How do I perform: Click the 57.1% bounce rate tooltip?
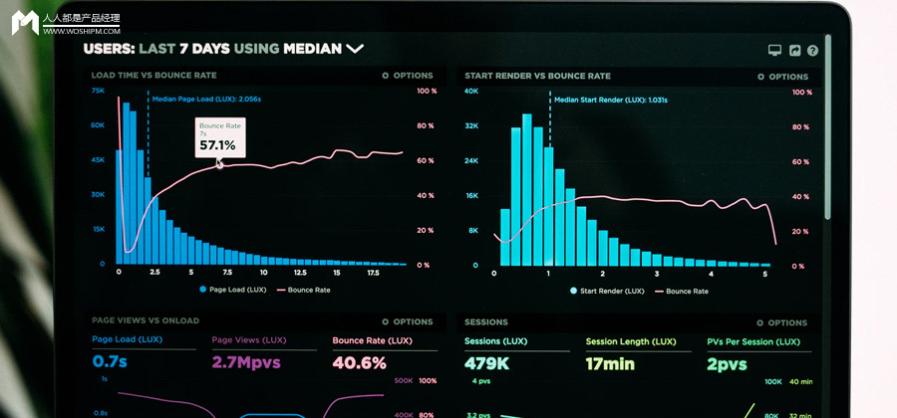(x=218, y=138)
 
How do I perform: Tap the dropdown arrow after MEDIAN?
(x=355, y=48)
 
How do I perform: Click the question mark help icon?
(x=812, y=50)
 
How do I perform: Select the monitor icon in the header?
(x=774, y=50)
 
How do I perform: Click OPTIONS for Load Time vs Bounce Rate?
(x=408, y=76)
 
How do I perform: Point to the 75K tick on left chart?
(x=98, y=91)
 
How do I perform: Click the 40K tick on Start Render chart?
(x=470, y=91)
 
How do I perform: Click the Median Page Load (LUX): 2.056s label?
(x=206, y=100)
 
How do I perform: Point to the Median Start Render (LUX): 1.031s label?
(x=610, y=100)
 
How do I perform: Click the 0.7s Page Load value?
(x=110, y=362)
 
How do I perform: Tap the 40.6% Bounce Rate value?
(x=359, y=363)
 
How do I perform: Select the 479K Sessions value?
(x=488, y=363)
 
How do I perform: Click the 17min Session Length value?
(x=610, y=363)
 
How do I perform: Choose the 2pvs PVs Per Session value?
(x=727, y=364)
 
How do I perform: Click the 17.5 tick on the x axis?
(x=372, y=272)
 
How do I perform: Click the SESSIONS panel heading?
(x=486, y=322)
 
